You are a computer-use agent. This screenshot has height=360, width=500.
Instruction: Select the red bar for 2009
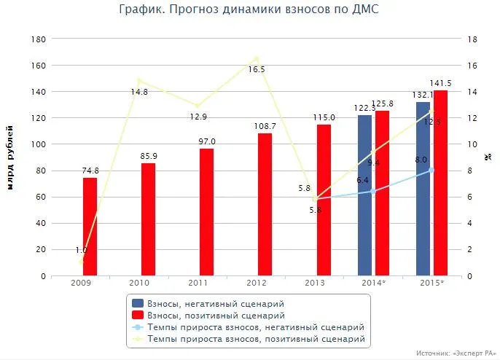(90, 227)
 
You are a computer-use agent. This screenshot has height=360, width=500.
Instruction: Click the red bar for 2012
(265, 204)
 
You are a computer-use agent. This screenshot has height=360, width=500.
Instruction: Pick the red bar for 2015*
(440, 183)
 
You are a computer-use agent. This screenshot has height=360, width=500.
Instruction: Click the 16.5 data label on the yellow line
(257, 69)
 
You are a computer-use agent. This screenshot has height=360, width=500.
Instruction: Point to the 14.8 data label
(139, 92)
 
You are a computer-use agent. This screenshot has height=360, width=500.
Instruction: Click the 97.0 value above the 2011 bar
(206, 141)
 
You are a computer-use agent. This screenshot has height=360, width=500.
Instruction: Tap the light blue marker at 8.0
(431, 170)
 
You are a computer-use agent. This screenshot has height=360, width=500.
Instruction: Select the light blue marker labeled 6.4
(373, 191)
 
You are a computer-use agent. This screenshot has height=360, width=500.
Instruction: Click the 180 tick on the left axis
(39, 39)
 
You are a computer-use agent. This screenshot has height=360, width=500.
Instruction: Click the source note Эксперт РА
(453, 353)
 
